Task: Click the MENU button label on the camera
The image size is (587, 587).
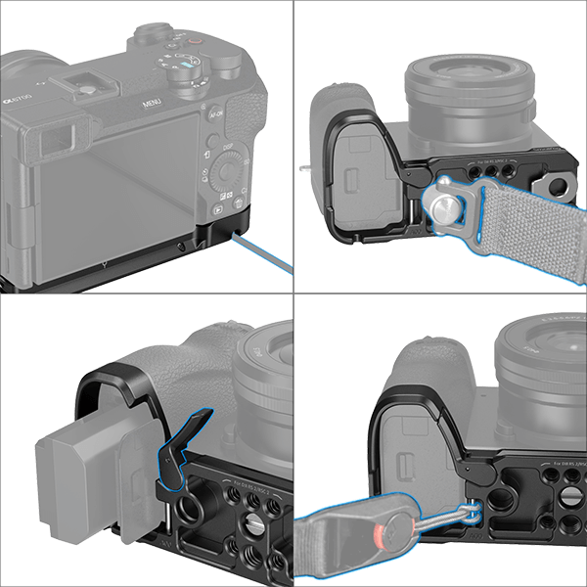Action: point(151,102)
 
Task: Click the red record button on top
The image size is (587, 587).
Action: point(197,40)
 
